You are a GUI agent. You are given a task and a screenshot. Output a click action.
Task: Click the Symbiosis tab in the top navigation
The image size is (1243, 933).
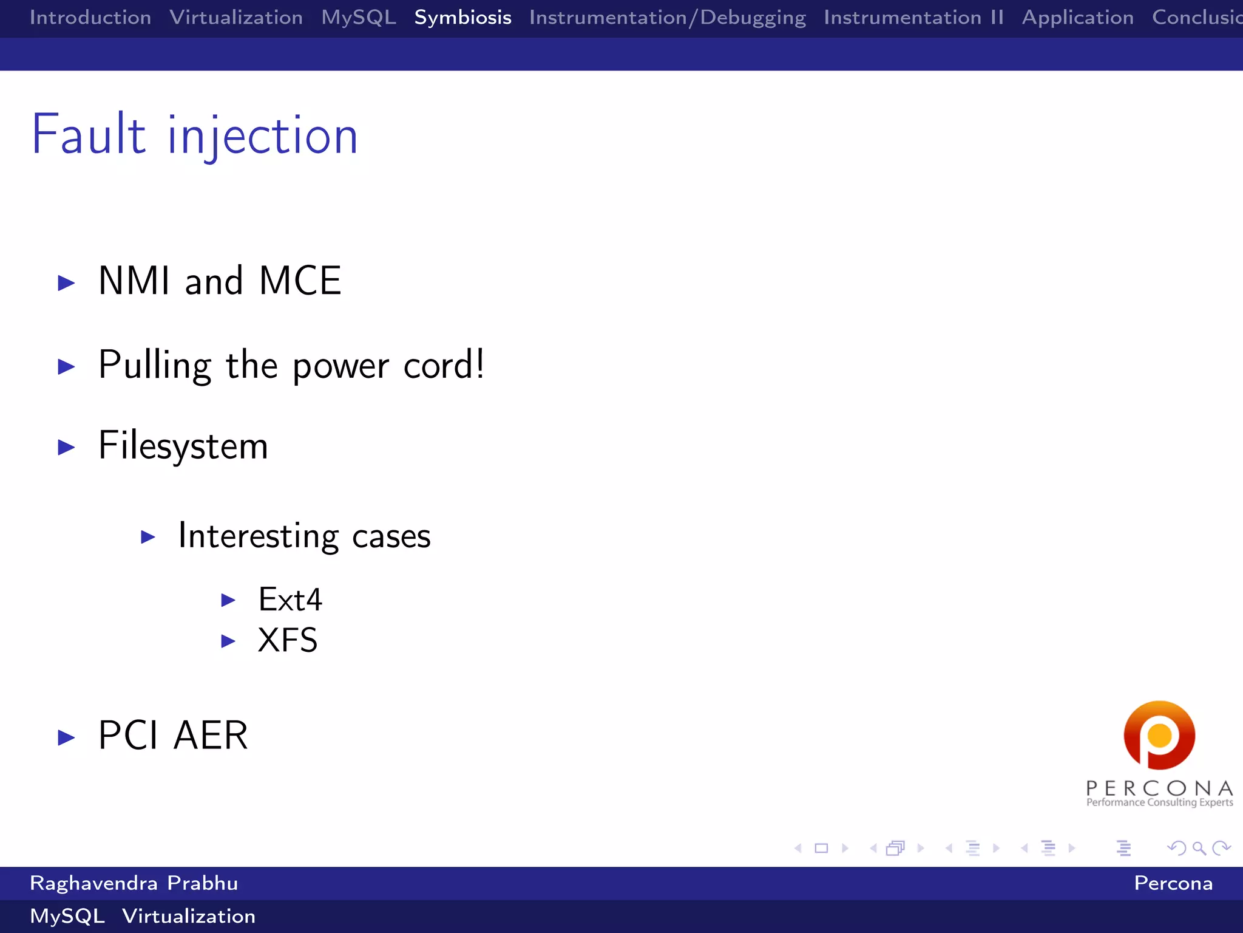462,18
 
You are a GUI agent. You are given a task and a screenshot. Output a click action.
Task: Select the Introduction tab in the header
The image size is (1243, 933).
90,18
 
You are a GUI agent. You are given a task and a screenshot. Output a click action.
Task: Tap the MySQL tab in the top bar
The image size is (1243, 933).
359,18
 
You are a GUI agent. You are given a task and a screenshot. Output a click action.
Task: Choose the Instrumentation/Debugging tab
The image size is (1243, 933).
667,18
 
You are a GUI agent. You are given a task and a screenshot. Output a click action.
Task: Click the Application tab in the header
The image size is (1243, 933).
1077,18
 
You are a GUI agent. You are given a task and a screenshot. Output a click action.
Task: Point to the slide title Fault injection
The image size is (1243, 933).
195,135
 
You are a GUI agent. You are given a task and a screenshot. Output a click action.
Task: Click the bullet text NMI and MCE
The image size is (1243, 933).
220,281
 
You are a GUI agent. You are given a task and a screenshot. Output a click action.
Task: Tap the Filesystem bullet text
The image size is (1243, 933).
183,446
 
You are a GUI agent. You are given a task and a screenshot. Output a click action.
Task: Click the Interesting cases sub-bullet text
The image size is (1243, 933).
304,536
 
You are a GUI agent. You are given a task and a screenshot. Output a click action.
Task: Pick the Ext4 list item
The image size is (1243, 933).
290,600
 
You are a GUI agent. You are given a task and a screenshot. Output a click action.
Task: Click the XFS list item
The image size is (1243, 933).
288,640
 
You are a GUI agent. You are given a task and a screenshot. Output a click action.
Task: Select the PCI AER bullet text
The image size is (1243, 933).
173,736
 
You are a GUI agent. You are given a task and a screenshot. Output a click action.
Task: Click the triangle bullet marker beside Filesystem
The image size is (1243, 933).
66,448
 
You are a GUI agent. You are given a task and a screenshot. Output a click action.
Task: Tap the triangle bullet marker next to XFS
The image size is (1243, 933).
228,641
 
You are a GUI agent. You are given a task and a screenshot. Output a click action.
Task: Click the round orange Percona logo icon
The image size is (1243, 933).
1159,735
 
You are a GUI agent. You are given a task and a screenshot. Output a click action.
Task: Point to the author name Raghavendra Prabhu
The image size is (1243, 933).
134,883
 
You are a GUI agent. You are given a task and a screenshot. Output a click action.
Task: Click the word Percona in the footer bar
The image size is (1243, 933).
1173,883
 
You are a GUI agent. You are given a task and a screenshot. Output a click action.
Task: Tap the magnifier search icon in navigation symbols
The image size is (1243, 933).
1199,848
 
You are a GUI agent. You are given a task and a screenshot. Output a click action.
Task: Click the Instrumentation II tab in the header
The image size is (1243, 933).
913,18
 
